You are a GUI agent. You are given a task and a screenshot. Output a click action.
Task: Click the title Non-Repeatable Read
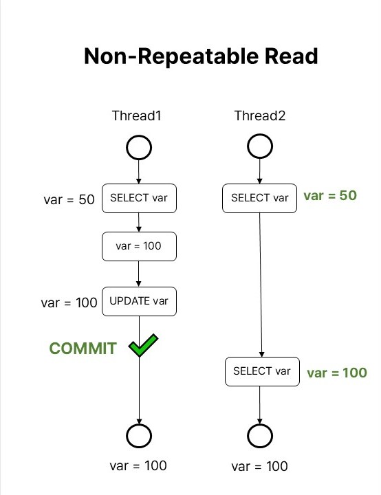click(201, 56)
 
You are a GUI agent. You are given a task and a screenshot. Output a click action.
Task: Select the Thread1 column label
click(136, 115)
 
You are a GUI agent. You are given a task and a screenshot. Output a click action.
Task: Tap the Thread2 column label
click(260, 115)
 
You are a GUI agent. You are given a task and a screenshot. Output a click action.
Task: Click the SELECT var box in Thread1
click(139, 198)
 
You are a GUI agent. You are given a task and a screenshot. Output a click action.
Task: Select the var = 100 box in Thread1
click(139, 246)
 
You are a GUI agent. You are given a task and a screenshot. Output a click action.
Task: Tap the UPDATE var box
click(139, 301)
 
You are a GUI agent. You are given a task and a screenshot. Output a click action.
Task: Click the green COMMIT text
click(83, 348)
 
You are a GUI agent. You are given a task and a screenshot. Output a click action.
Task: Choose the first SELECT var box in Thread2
click(260, 198)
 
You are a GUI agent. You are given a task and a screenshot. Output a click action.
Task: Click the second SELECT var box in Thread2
click(262, 371)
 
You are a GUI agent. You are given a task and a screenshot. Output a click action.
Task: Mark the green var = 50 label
click(330, 196)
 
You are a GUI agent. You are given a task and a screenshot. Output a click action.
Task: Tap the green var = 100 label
click(337, 373)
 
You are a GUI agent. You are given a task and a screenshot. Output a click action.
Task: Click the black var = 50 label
click(69, 199)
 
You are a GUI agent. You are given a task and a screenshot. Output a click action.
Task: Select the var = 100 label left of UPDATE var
click(69, 302)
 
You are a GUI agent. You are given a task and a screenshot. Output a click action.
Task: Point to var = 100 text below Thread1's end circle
click(138, 465)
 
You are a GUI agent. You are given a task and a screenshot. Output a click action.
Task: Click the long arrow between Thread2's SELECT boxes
click(261, 285)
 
